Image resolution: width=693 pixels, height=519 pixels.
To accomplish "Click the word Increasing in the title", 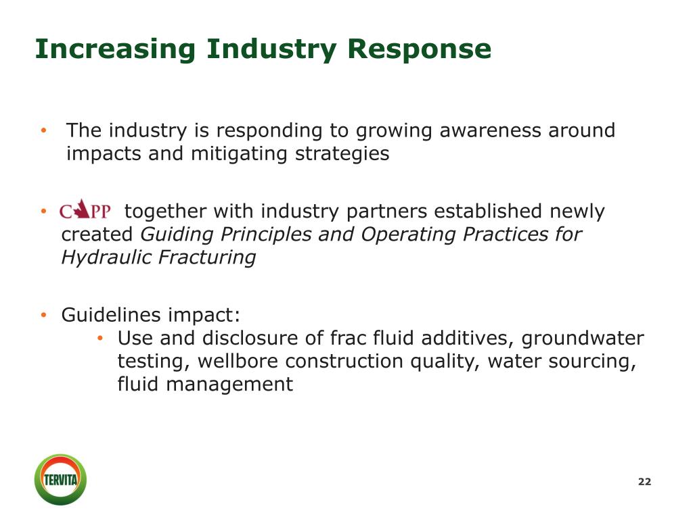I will pyautogui.click(x=116, y=49).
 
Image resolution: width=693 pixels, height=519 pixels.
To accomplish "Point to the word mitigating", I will pyautogui.click(x=240, y=154).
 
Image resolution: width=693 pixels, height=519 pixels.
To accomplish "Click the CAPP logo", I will pyautogui.click(x=85, y=211).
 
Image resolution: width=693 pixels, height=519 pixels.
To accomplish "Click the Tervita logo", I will pyautogui.click(x=61, y=480).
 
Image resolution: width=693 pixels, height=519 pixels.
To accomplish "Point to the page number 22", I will pyautogui.click(x=644, y=482).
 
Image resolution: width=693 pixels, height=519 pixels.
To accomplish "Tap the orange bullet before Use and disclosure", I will pyautogui.click(x=99, y=338).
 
